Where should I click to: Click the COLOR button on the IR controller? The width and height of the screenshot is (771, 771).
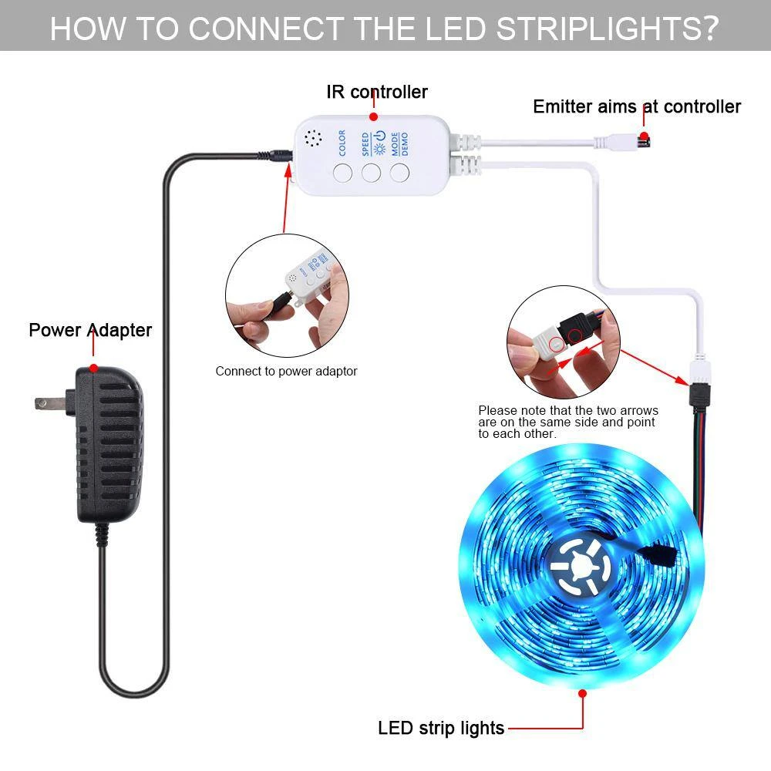coord(343,171)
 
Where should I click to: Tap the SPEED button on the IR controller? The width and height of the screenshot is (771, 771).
coord(372,171)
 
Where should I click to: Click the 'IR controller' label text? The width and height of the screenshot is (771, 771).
coord(376,93)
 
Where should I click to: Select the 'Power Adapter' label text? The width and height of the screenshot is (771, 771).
coord(90,330)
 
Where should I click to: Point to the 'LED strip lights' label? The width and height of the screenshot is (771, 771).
coord(441,727)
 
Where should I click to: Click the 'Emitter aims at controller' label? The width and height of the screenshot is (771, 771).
coord(637,106)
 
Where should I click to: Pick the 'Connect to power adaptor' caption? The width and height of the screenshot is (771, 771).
coord(286,371)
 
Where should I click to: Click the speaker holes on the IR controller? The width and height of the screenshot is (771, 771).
coord(313,139)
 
